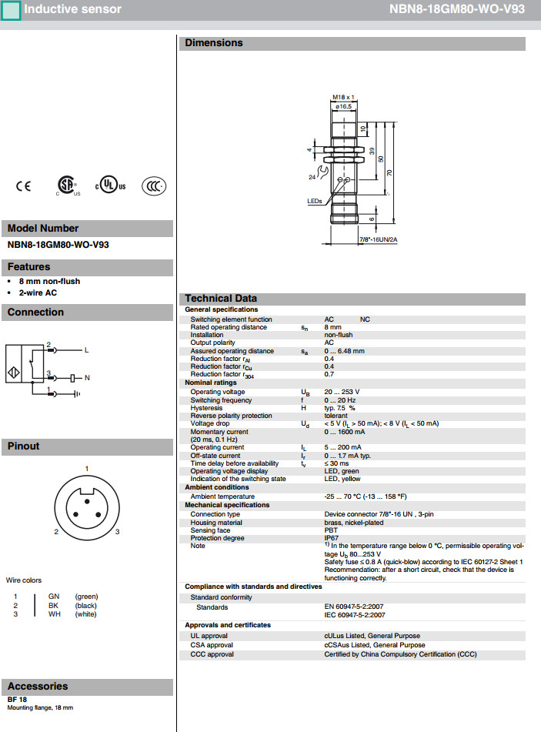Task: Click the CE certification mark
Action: click(24, 186)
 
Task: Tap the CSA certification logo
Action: click(68, 186)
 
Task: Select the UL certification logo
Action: click(110, 186)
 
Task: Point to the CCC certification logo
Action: click(154, 186)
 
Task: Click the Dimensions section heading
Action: click(214, 43)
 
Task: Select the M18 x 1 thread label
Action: click(342, 97)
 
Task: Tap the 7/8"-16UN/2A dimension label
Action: click(378, 239)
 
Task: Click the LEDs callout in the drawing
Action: click(314, 201)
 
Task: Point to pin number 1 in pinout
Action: click(87, 469)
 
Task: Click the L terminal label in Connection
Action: click(87, 350)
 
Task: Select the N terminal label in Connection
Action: click(87, 378)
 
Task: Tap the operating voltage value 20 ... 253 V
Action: click(342, 392)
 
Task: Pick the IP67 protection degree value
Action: click(332, 538)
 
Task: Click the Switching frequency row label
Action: click(221, 400)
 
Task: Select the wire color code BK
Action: click(54, 606)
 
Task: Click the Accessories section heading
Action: click(38, 686)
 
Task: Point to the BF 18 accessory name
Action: click(18, 699)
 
